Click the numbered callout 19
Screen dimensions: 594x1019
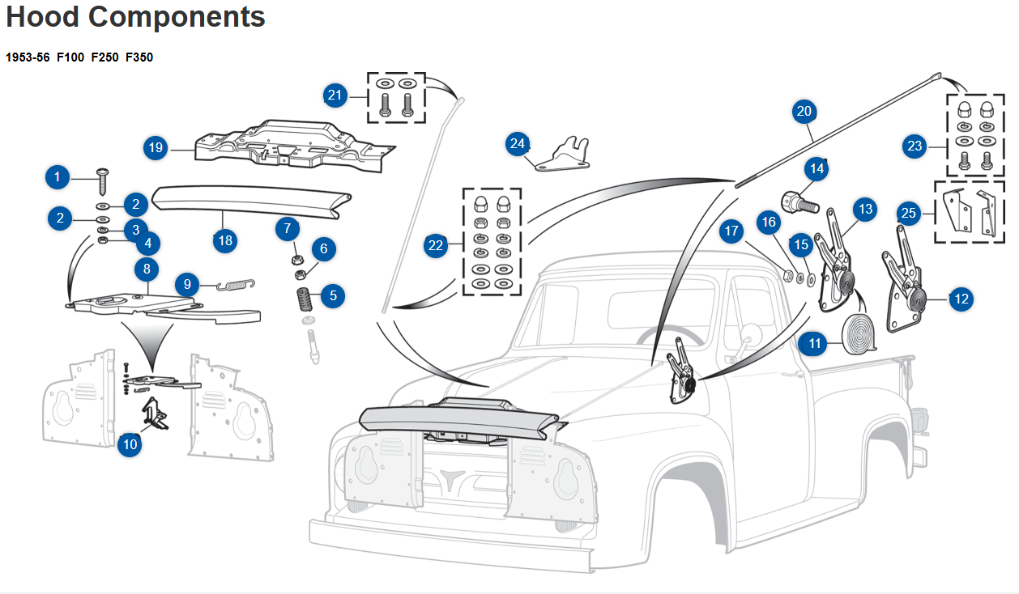(156, 148)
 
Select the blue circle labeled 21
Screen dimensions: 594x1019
(335, 95)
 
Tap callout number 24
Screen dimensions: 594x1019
(518, 144)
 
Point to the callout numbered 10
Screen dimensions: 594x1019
(130, 443)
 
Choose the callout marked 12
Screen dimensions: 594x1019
(961, 299)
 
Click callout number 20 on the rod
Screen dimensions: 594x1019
(804, 112)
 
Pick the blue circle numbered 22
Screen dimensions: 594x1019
(437, 245)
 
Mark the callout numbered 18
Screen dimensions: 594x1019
(225, 240)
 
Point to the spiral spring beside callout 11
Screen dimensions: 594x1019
(857, 333)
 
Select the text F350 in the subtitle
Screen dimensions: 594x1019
(139, 57)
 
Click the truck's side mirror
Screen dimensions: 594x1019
(749, 333)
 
